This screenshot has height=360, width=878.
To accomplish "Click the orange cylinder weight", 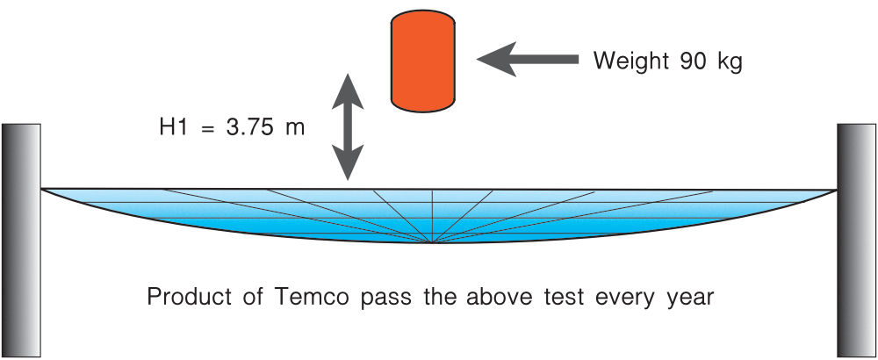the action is pos(423,61).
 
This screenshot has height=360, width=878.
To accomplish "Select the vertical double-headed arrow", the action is pos(348,126).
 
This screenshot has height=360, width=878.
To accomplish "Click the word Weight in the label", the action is pos(630,61).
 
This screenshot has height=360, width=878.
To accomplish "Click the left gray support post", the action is pos(21,241).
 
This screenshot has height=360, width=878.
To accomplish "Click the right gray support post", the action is pos(856,241).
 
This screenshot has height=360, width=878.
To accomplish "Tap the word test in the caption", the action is pos(565,298).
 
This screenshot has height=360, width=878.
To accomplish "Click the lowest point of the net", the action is pos(432,243).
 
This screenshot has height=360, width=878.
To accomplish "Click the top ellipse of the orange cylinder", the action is pos(423,20).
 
